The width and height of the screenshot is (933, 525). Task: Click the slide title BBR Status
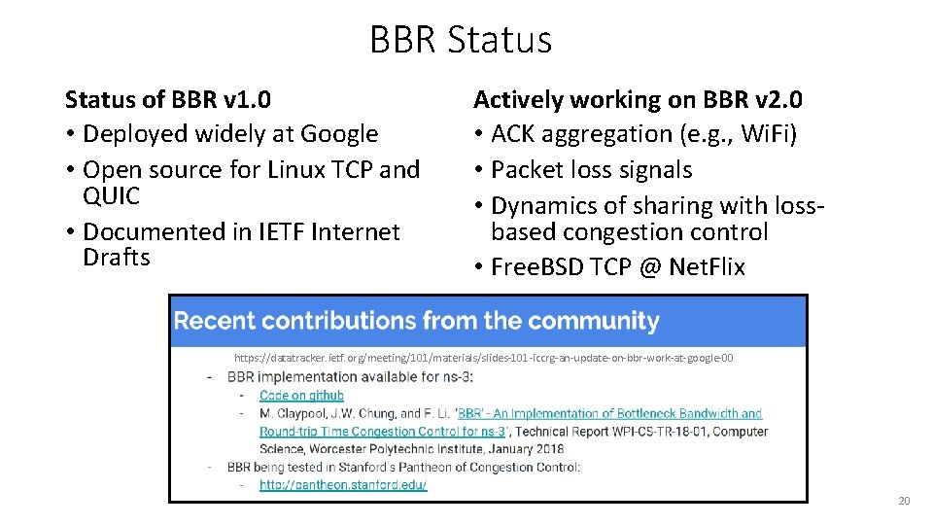(461, 40)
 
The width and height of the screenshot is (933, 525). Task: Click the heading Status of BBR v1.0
(167, 99)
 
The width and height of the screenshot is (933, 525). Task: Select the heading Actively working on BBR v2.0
(638, 99)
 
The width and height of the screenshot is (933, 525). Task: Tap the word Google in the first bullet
(339, 134)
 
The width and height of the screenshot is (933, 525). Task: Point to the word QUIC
(112, 195)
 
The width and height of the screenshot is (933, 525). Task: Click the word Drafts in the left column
(117, 258)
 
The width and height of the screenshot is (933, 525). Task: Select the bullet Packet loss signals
(591, 170)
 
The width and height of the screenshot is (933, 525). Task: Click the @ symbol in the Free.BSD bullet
(648, 267)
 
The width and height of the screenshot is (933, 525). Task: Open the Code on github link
(301, 396)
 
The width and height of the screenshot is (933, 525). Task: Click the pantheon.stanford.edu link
(343, 484)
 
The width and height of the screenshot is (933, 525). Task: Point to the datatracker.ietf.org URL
(483, 359)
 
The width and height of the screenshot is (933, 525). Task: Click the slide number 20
(904, 502)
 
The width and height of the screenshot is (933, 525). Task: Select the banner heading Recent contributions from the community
(416, 321)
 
